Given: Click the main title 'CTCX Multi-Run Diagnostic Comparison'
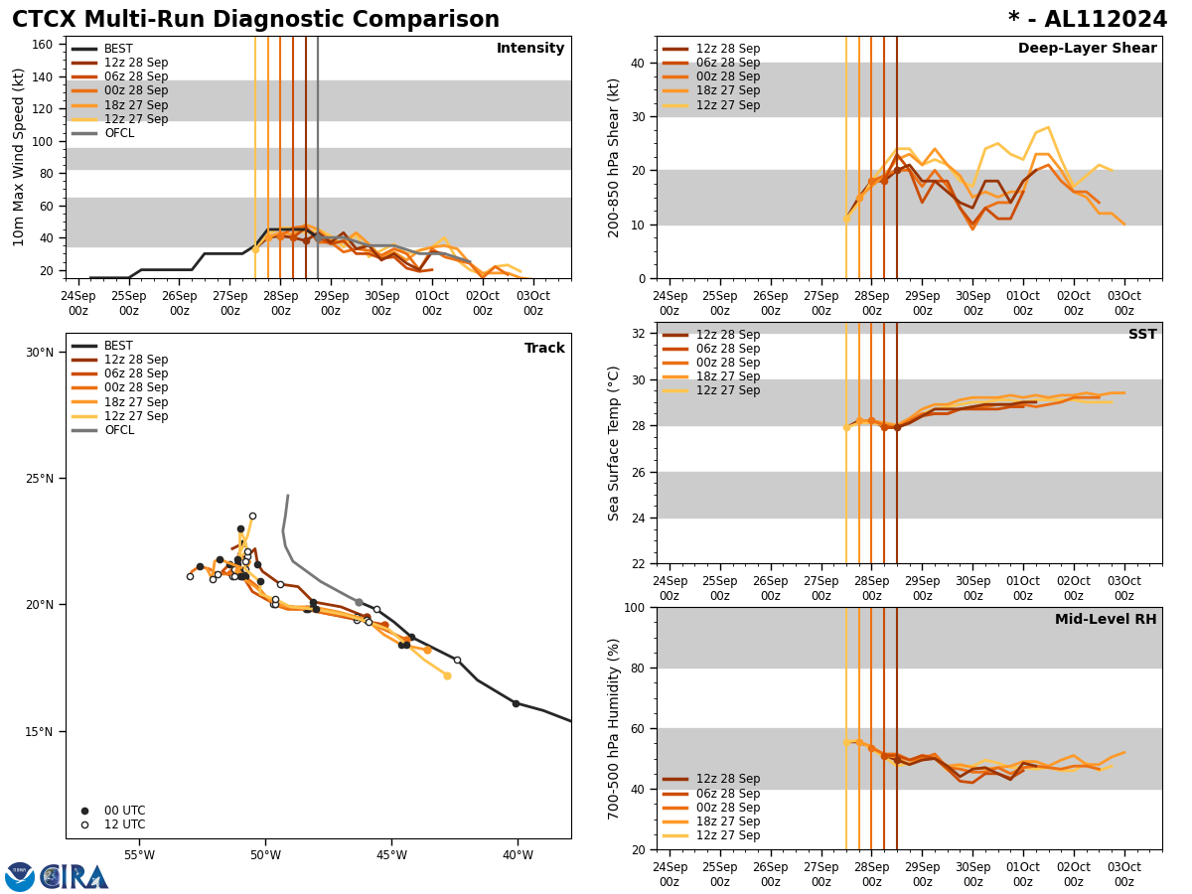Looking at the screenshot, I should [x=255, y=20].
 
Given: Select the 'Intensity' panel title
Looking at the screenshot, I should [x=530, y=49].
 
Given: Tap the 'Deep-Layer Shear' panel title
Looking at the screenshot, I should [x=1087, y=49].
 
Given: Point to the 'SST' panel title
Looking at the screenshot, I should [x=1142, y=335].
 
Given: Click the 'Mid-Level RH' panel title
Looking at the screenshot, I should [x=1106, y=620].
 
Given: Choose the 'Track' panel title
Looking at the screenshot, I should [x=544, y=349].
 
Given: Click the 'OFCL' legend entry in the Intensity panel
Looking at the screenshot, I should [x=119, y=133].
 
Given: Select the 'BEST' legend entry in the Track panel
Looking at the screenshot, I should [x=118, y=346].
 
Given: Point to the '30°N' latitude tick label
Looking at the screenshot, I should [x=40, y=352].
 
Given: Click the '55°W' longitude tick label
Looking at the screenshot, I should [x=139, y=856].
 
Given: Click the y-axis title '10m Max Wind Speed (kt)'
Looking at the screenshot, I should [x=19, y=157].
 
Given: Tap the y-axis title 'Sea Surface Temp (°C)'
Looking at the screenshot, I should [x=615, y=443].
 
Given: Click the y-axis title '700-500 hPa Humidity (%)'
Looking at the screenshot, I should [x=615, y=728].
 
